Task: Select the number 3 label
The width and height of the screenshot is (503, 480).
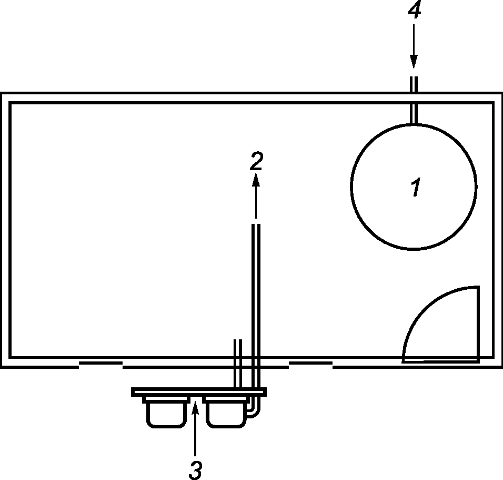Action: (195, 469)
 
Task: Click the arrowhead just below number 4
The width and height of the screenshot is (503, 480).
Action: (414, 62)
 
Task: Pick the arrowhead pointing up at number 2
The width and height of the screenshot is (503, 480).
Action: (256, 180)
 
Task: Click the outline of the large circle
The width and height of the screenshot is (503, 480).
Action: (352, 187)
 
